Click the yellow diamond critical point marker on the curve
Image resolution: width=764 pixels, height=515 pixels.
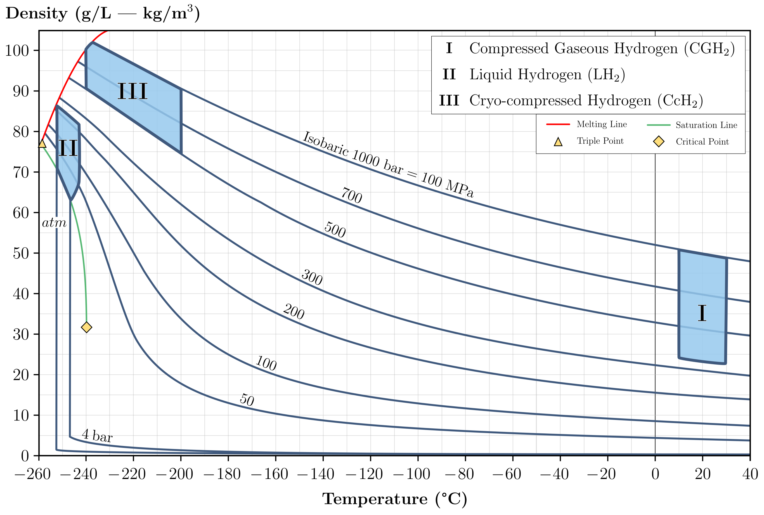tap(86, 327)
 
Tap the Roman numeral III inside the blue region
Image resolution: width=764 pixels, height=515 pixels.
tap(132, 91)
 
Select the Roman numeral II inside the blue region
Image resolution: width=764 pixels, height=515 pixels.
tap(68, 148)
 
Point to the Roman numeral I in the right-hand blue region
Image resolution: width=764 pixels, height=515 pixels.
tap(702, 313)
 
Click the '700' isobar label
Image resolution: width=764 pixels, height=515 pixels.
tap(352, 195)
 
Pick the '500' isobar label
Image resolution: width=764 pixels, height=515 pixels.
tap(335, 230)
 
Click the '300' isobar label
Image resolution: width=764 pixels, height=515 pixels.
tap(312, 277)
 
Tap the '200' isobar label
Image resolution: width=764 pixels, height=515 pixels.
tap(294, 311)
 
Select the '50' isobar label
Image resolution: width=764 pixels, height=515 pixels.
tap(247, 400)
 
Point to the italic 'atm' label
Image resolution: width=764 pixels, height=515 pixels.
tap(54, 223)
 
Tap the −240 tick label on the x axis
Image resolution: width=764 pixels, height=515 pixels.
tap(79, 474)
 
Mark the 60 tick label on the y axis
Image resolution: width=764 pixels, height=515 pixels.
tap(21, 213)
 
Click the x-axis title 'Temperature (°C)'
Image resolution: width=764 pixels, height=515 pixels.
tap(394, 499)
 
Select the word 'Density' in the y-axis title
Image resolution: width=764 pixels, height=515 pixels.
tap(36, 14)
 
